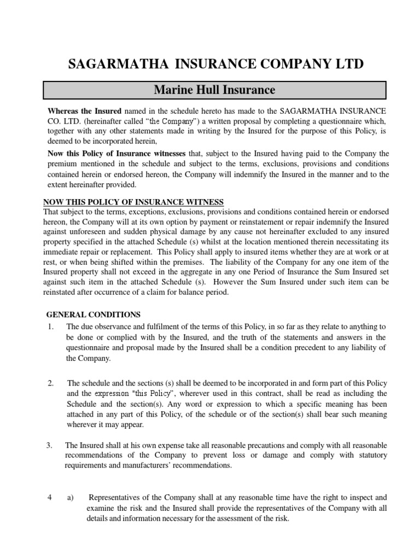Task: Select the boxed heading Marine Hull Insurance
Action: point(214,90)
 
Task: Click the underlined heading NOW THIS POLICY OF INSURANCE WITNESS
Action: point(133,202)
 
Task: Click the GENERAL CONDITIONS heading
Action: point(94,314)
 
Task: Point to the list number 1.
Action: point(50,326)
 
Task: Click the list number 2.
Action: point(50,383)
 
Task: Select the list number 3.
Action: point(50,445)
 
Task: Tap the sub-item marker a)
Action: point(71,498)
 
